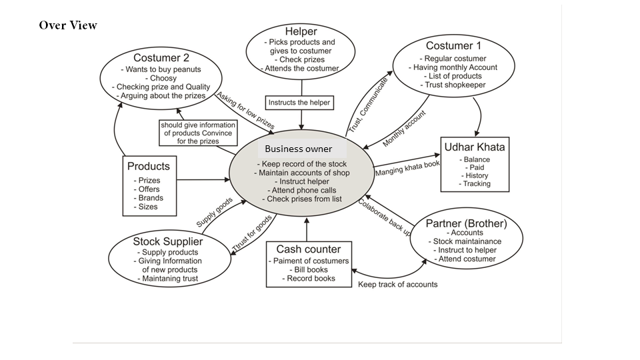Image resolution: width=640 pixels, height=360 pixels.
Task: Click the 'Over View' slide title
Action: point(68,25)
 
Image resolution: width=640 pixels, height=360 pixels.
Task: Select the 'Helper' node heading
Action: point(301,31)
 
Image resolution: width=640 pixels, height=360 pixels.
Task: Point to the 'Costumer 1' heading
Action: point(453,46)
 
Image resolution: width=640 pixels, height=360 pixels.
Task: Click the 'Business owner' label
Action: point(298,149)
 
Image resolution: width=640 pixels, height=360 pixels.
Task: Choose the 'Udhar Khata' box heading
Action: point(475,147)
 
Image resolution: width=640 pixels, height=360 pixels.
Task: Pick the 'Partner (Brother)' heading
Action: point(467,223)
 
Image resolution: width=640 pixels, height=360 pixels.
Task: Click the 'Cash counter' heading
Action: point(309,249)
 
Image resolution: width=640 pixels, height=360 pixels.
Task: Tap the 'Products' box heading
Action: point(149,166)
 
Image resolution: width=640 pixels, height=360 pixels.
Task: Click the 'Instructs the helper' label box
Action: point(299,103)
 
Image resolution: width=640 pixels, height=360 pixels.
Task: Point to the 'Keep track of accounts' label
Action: point(398,285)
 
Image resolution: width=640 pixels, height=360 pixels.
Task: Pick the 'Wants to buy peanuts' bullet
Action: point(161,69)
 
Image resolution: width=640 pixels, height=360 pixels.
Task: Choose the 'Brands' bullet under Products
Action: point(149,198)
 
